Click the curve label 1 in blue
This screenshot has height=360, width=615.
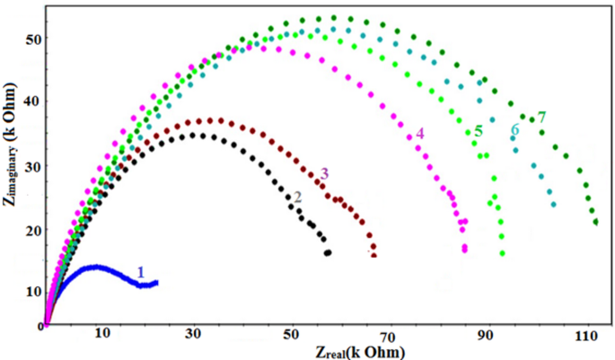click(140, 271)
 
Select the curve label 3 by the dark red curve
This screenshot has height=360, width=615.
click(324, 172)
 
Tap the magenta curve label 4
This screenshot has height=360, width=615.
click(419, 135)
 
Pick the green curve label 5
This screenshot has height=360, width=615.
click(479, 131)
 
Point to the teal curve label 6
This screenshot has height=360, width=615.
click(514, 129)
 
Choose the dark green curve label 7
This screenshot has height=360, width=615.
click(540, 117)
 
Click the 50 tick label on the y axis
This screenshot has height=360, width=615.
click(33, 39)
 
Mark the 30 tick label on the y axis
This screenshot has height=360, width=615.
click(33, 166)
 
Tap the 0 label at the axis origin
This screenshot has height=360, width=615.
click(40, 329)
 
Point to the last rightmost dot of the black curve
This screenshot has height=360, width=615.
click(328, 253)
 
